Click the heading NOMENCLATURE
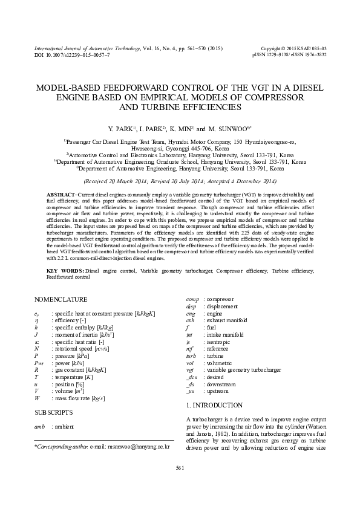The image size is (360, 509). (61, 299)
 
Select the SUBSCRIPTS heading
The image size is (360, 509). (54, 412)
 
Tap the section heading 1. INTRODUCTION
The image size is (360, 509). (214, 405)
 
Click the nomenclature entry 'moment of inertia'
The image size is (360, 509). (80, 334)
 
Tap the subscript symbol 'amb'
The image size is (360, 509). (39, 427)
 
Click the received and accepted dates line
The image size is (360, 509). (180, 181)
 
